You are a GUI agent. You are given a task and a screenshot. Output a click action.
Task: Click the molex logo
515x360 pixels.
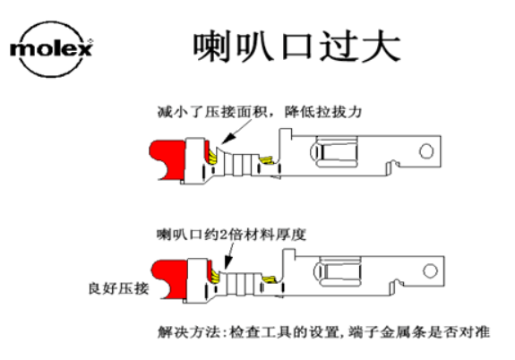(x=51, y=49)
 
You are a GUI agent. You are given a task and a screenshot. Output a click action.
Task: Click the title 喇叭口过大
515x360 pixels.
(x=296, y=47)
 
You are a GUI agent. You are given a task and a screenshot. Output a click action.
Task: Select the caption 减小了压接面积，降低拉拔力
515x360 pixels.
(x=260, y=112)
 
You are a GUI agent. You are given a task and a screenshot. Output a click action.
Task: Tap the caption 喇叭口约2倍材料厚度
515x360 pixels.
(x=231, y=235)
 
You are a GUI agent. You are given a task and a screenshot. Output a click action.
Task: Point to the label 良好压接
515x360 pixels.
(x=118, y=288)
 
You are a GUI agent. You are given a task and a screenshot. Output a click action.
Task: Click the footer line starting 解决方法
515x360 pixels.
(x=323, y=332)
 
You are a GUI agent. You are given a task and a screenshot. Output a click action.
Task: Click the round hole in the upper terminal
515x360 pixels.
(x=426, y=151)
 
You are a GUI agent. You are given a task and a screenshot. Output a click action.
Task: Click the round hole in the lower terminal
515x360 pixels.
(x=430, y=271)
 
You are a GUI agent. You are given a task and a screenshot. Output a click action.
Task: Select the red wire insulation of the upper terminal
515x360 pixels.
(x=168, y=159)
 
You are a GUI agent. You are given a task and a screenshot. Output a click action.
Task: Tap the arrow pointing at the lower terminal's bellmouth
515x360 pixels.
(x=230, y=256)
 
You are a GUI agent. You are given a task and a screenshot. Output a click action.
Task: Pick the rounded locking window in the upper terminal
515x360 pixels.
(x=334, y=151)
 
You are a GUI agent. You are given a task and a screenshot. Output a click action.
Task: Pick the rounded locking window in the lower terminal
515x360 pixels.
(x=338, y=271)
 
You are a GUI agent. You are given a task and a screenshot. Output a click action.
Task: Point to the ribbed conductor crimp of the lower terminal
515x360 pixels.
(x=241, y=283)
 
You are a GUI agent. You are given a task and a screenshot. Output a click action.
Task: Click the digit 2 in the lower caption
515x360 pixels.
(x=223, y=236)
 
